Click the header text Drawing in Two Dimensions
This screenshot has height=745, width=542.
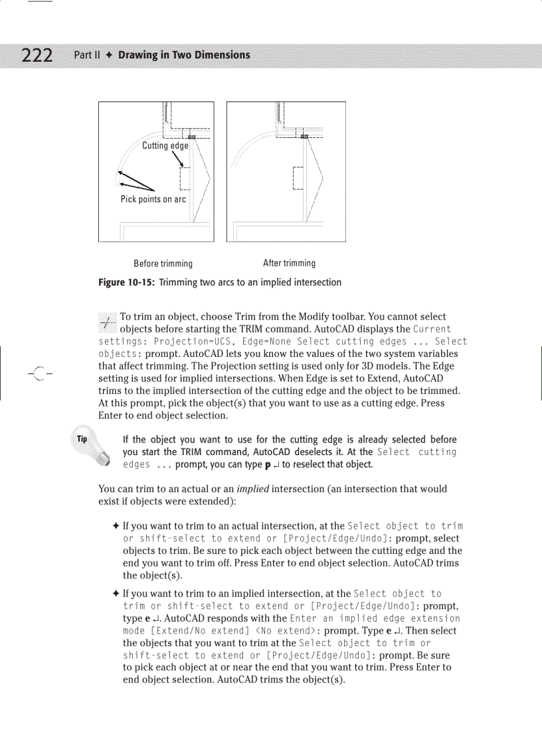click(184, 55)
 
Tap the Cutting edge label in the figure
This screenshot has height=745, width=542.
click(165, 146)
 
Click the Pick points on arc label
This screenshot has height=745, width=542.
click(153, 199)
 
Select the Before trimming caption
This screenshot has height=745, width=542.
click(163, 263)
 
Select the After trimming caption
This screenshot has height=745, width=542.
click(289, 263)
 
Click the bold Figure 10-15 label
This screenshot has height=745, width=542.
click(126, 282)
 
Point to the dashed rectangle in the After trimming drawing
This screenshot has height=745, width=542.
click(298, 177)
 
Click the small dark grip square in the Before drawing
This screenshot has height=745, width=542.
click(191, 136)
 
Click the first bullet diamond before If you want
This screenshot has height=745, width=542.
click(116, 527)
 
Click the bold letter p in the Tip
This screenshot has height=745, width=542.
click(267, 464)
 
